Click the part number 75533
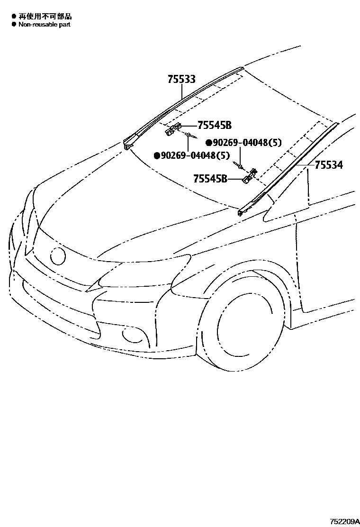[x=181, y=79]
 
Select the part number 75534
[x=329, y=165]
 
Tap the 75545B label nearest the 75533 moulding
[x=214, y=125]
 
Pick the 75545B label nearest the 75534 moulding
[x=210, y=179]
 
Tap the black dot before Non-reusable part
[x=14, y=24]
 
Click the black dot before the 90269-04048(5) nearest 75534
[x=208, y=142]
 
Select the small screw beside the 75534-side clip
[x=240, y=165]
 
